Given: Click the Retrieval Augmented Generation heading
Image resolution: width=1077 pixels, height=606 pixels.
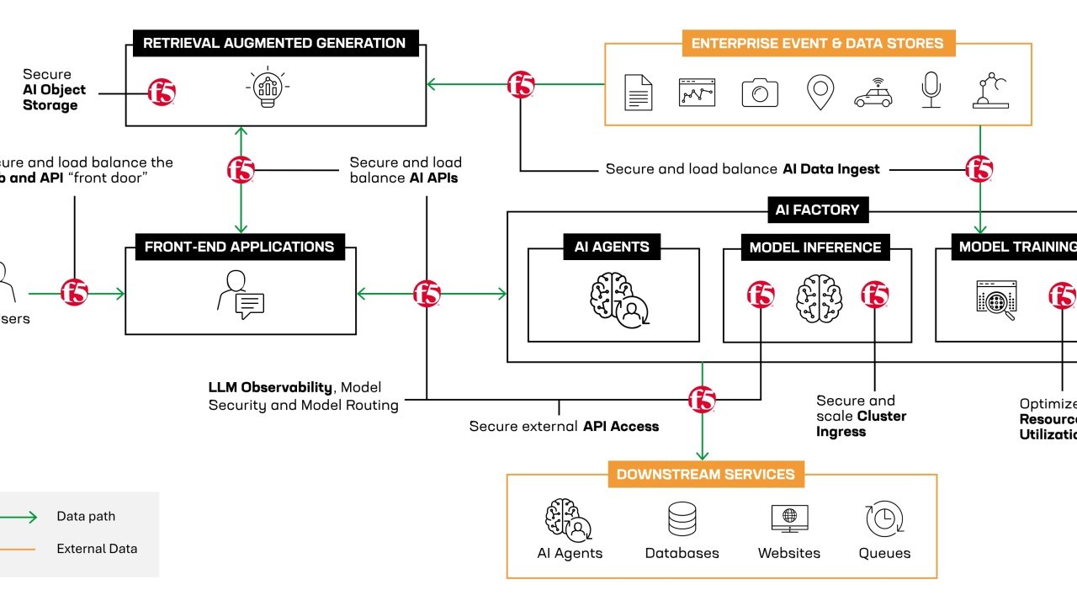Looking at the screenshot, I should [274, 43].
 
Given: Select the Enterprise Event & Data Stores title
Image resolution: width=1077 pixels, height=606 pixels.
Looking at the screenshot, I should [817, 43].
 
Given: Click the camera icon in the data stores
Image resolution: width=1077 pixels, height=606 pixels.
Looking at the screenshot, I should [760, 92].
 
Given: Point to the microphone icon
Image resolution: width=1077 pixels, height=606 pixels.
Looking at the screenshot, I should [931, 89].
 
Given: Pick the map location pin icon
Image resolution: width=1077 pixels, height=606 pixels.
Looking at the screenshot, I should [820, 91].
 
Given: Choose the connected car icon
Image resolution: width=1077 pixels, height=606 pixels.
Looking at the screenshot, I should [873, 92].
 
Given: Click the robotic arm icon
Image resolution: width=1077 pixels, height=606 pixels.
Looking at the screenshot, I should [990, 90].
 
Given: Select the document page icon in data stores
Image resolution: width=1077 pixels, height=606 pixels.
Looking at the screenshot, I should [639, 92].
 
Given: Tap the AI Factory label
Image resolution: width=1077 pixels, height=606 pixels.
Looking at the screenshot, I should [817, 210].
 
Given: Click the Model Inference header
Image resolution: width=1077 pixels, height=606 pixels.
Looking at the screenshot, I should [815, 247].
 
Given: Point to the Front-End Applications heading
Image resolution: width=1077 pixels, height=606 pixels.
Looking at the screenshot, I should [240, 247].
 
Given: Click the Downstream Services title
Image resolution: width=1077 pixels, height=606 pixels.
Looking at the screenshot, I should [705, 474].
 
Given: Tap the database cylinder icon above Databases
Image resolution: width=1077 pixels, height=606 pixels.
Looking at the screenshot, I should [682, 518].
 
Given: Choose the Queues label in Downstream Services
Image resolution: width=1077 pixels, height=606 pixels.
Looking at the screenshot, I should [884, 553].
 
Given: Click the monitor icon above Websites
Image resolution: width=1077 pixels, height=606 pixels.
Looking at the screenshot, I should [789, 518].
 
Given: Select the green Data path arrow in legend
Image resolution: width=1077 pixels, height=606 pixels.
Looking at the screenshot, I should [19, 517].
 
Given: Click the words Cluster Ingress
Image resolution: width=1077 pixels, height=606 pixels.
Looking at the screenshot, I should [861, 423].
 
